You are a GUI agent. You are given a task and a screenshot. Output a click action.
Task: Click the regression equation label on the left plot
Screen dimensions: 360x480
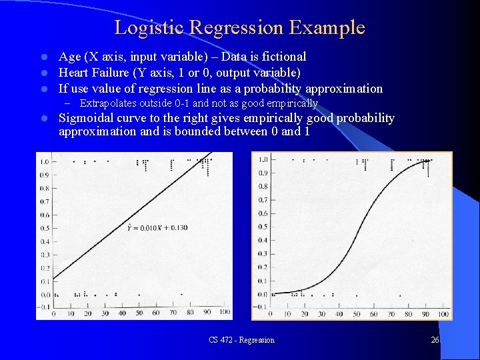(x=157, y=228)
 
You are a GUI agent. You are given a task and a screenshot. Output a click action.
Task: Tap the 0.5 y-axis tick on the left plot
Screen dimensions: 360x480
(x=45, y=228)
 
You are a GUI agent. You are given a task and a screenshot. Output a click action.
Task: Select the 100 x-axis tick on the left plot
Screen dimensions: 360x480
(x=224, y=313)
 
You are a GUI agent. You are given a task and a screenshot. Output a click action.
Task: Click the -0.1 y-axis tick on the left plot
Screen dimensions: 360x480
(x=44, y=307)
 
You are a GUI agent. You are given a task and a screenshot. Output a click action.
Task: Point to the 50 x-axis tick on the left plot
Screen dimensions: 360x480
(x=139, y=313)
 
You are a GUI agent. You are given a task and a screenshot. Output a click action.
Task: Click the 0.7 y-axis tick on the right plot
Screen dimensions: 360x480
(x=263, y=200)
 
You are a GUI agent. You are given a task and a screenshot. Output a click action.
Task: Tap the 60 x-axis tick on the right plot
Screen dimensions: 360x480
(x=373, y=314)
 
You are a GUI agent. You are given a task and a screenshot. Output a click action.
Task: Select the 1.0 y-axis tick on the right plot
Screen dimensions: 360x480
(x=263, y=159)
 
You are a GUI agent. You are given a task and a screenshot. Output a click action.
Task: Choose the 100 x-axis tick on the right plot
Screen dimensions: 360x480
(x=442, y=314)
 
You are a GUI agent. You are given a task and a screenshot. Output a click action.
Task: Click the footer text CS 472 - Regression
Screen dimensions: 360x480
(x=241, y=340)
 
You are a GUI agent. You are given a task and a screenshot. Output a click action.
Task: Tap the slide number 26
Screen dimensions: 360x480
(x=435, y=340)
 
